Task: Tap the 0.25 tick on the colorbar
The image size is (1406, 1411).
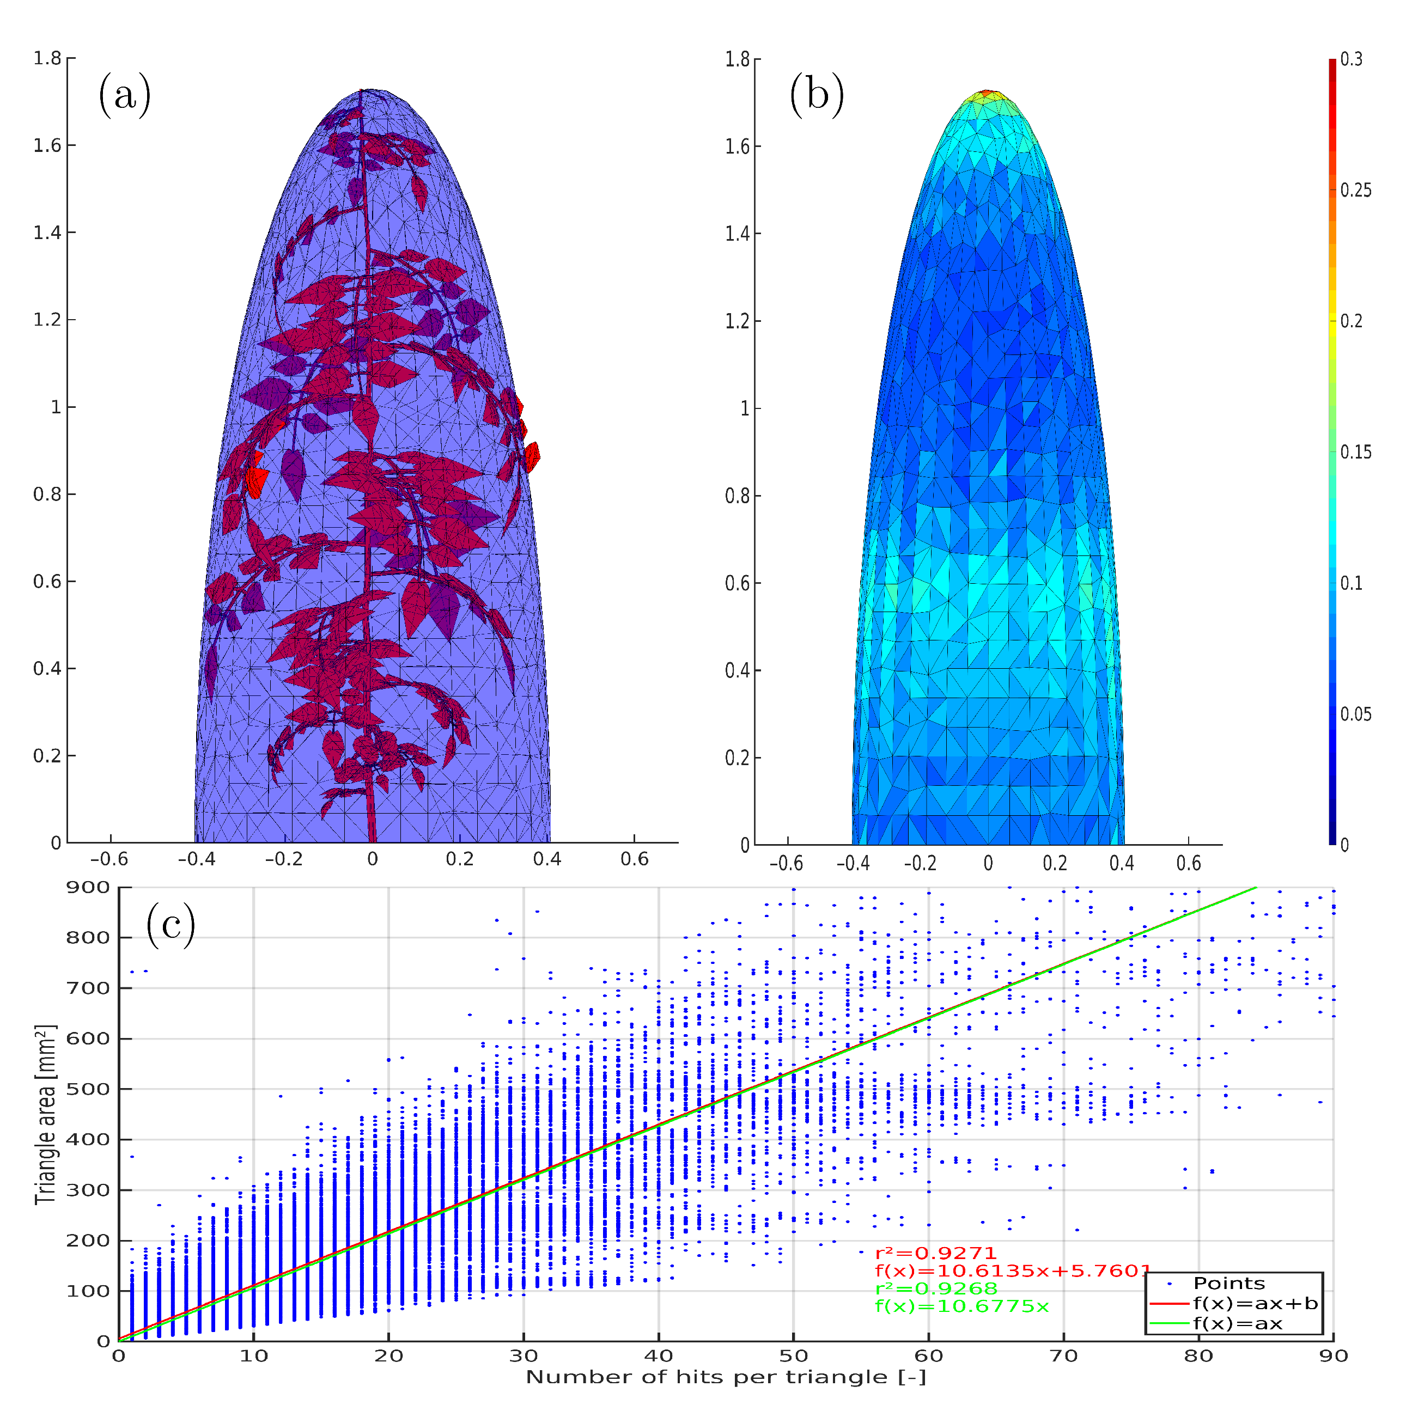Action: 1355,191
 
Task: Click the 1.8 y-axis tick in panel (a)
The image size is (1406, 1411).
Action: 47,58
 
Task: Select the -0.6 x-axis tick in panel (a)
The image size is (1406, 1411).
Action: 109,859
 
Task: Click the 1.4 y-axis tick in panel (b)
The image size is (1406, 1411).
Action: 738,234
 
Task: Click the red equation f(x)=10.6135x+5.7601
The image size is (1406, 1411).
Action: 1013,1272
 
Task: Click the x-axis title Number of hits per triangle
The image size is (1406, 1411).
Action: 725,1377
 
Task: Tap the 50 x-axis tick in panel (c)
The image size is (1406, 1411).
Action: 793,1356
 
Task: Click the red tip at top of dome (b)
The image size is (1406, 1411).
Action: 987,93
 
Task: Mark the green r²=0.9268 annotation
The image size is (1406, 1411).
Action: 936,1289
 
